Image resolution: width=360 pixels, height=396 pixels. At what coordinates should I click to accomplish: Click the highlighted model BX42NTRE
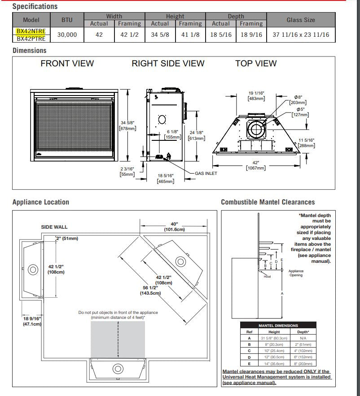[31, 31]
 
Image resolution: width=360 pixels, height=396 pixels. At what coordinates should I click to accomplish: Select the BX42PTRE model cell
[31, 39]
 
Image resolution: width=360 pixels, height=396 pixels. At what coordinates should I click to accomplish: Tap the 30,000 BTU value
[67, 35]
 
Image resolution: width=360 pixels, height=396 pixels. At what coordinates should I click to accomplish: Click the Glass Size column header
[300, 20]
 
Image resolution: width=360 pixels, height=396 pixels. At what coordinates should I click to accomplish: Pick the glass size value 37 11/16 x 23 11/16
[300, 35]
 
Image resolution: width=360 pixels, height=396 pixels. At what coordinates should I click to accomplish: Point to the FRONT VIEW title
[67, 64]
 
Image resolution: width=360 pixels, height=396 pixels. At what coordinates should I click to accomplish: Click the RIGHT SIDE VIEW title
[168, 64]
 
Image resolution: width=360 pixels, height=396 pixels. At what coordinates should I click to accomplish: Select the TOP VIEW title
[256, 64]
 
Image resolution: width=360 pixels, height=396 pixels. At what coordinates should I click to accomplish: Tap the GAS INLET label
[206, 173]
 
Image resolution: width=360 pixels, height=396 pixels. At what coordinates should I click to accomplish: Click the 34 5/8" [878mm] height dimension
[127, 125]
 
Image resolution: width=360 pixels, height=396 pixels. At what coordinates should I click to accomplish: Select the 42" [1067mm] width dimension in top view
[256, 165]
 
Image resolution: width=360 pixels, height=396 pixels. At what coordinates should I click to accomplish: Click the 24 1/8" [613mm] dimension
[197, 135]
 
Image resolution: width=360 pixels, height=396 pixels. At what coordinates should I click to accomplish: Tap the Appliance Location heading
[41, 202]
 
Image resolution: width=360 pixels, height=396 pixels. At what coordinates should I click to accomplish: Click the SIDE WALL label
[54, 227]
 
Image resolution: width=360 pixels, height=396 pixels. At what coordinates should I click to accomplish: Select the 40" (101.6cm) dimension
[174, 226]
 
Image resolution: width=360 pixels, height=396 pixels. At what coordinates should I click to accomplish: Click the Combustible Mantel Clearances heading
[268, 202]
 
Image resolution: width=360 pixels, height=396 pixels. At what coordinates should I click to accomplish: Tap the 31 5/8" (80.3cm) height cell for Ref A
[274, 338]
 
